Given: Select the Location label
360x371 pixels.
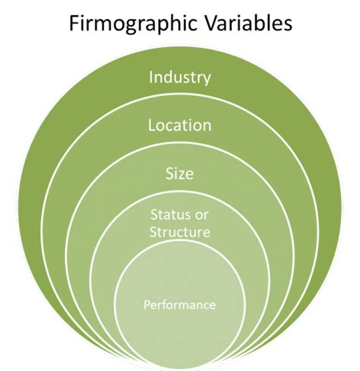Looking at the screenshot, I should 180,125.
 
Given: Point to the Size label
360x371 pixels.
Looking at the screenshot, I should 180,173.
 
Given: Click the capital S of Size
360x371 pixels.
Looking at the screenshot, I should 169,173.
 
